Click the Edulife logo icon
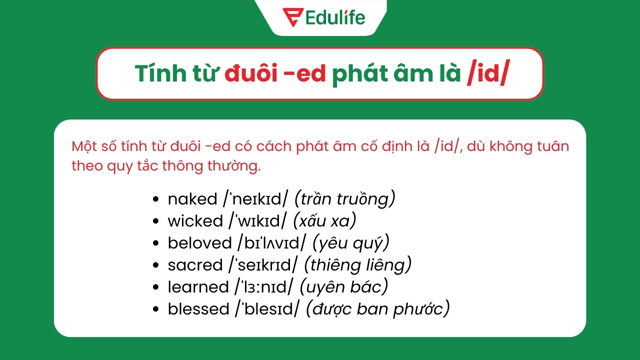point(291,16)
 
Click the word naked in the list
point(192,199)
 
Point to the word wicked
point(195,221)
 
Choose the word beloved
point(199,243)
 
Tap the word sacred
point(195,265)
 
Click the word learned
point(198,287)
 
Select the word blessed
point(198,309)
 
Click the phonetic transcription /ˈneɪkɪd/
point(255,199)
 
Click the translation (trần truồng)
point(345,199)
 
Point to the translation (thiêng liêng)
point(357,265)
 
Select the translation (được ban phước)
point(377,309)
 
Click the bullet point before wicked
point(156,221)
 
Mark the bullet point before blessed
point(156,309)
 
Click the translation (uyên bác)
point(344,287)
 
